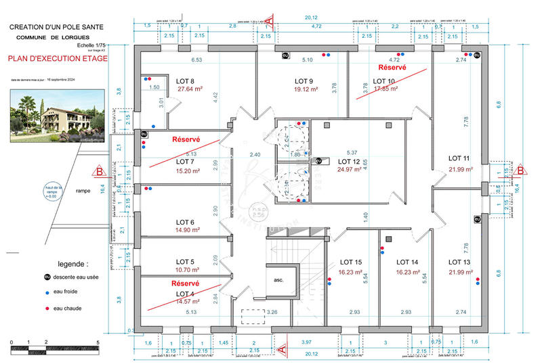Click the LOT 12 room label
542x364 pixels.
349,162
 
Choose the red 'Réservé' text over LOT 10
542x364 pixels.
392,68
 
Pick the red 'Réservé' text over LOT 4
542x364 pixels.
185,283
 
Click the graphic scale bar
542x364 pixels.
54,350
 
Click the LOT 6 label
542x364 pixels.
185,222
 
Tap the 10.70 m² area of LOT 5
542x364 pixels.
185,269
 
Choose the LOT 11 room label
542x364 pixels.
459,158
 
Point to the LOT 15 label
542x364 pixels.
351,262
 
